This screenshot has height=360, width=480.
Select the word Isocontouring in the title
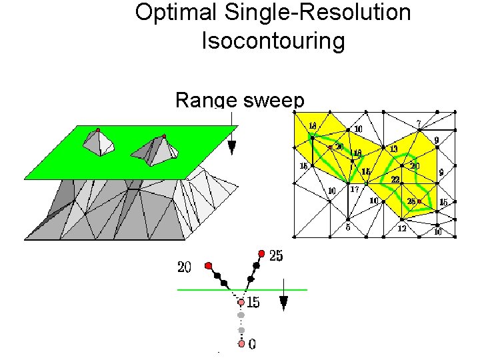coord(273,41)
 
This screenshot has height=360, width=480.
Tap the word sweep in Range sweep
coord(273,101)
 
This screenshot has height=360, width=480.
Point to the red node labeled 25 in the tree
coord(261,253)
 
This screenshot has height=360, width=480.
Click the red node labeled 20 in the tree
coord(209,265)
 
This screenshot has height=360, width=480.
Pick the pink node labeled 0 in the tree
coord(241,344)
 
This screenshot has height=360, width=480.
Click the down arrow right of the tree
coord(283,303)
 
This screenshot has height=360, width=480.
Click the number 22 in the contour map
coord(395,180)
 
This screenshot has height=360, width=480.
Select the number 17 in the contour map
coord(356,189)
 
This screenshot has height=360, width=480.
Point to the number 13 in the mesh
coord(394,149)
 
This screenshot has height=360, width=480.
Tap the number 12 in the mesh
coord(402,229)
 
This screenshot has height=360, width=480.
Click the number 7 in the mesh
coord(418,123)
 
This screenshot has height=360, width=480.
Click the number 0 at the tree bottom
coord(251,345)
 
